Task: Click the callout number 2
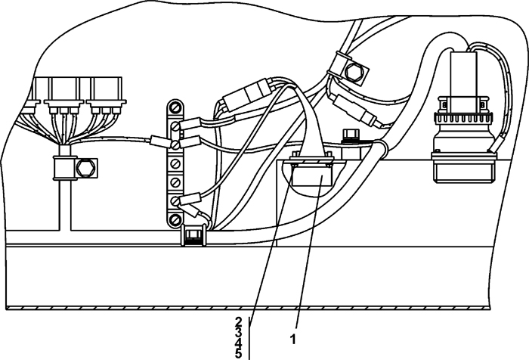click(238, 321)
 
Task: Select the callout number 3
click(238, 331)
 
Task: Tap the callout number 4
click(238, 342)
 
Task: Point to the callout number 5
click(238, 352)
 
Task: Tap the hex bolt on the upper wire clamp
click(353, 72)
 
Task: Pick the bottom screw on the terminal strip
click(175, 219)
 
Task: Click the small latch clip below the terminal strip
click(193, 237)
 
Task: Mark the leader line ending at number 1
click(300, 257)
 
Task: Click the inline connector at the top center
click(244, 99)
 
